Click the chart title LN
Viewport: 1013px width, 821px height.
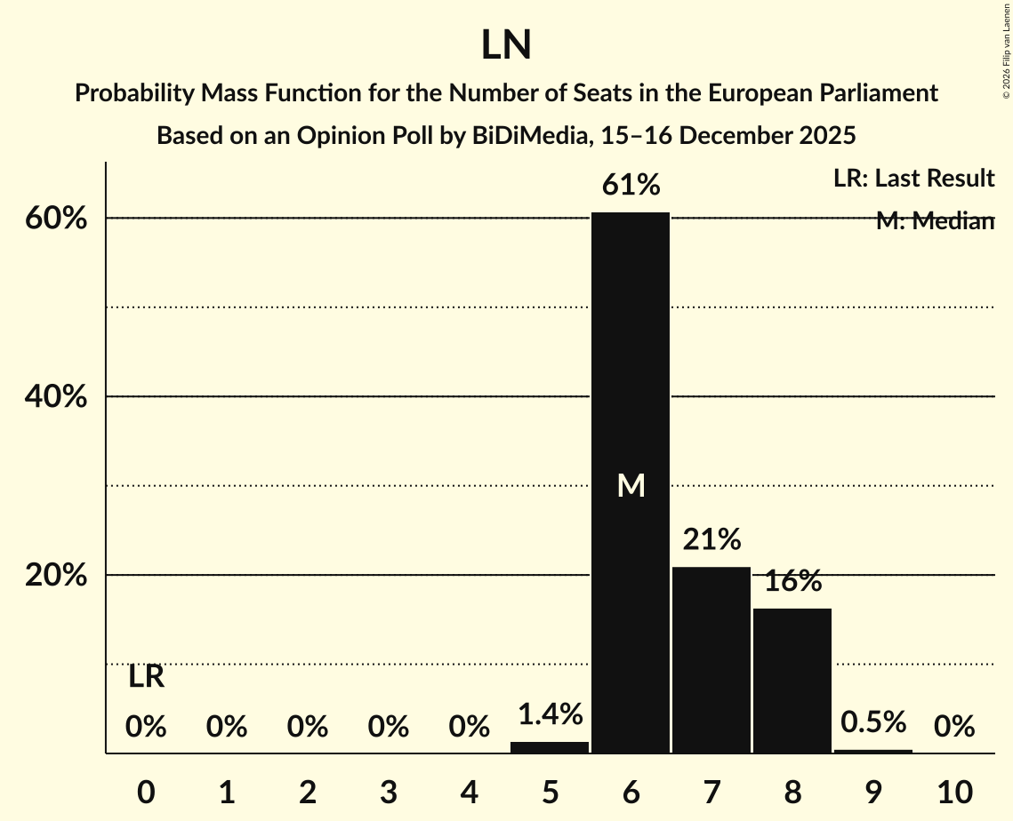tap(506, 45)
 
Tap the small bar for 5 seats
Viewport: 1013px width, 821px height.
tap(550, 747)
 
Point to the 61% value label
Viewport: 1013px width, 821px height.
tap(631, 185)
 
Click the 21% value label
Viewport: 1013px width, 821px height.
tap(712, 539)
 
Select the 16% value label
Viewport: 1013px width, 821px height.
tap(792, 581)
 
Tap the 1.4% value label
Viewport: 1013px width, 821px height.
tap(550, 713)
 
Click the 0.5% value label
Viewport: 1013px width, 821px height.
tap(873, 721)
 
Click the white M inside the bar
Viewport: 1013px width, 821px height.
tap(631, 485)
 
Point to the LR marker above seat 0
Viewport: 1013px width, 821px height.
tap(146, 677)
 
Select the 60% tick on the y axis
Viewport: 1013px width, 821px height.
tap(55, 219)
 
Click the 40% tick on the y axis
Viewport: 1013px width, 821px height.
tap(55, 397)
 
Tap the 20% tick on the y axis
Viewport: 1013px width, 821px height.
tap(55, 576)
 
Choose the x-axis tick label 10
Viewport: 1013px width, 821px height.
tap(954, 791)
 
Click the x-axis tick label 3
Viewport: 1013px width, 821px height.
tap(388, 791)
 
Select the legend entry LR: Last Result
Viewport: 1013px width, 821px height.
tap(913, 179)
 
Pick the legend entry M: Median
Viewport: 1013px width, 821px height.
tap(934, 221)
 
